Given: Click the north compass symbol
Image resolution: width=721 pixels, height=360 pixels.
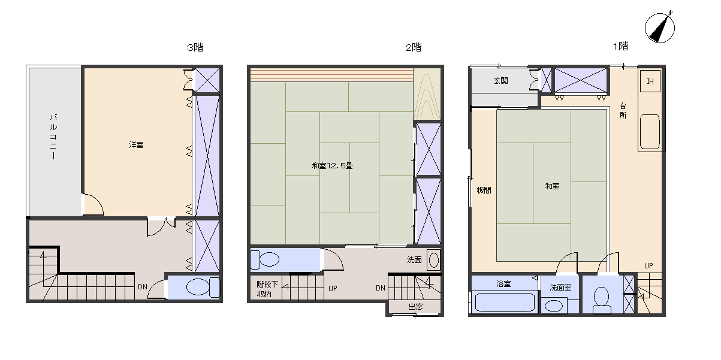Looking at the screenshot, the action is pyautogui.click(x=659, y=28).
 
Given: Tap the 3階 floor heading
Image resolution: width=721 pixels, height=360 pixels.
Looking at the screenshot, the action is pyautogui.click(x=195, y=47).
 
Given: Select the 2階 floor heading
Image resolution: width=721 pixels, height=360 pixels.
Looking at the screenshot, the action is pyautogui.click(x=414, y=47).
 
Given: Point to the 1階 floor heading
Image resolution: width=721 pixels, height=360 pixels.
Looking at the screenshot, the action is pyautogui.click(x=620, y=46).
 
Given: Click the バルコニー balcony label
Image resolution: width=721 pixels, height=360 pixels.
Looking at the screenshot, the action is pyautogui.click(x=53, y=137).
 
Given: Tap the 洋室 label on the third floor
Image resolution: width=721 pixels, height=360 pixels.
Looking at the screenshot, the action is pyautogui.click(x=136, y=145).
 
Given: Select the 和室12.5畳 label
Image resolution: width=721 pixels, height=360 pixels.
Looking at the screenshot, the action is pyautogui.click(x=332, y=166).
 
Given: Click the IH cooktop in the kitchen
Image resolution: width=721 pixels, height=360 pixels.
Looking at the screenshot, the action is pyautogui.click(x=650, y=81).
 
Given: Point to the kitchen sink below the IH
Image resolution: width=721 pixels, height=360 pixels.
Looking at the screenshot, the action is pyautogui.click(x=650, y=132).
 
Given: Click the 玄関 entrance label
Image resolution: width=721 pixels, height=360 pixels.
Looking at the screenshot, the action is pyautogui.click(x=501, y=81).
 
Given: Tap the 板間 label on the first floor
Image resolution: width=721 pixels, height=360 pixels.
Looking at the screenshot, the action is pyautogui.click(x=484, y=190).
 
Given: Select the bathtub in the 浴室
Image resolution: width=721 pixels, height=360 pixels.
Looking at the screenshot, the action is pyautogui.click(x=505, y=302).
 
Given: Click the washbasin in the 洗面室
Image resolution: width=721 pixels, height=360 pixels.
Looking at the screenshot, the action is pyautogui.click(x=554, y=305).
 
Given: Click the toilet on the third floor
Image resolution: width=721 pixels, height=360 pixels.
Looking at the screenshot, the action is pyautogui.click(x=203, y=287).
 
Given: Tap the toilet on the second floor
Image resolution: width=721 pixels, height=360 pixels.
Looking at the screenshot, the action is pyautogui.click(x=264, y=259).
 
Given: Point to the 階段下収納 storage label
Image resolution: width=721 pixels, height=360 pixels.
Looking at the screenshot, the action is pyautogui.click(x=267, y=289).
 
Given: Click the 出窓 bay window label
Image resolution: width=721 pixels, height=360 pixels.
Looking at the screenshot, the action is pyautogui.click(x=415, y=307).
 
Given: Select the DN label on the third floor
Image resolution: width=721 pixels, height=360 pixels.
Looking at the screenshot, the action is pyautogui.click(x=143, y=287).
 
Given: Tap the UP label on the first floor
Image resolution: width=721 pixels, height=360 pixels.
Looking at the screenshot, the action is pyautogui.click(x=648, y=266).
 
